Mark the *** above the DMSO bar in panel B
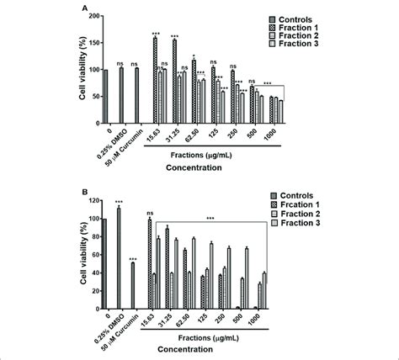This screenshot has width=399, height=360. [120, 202]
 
